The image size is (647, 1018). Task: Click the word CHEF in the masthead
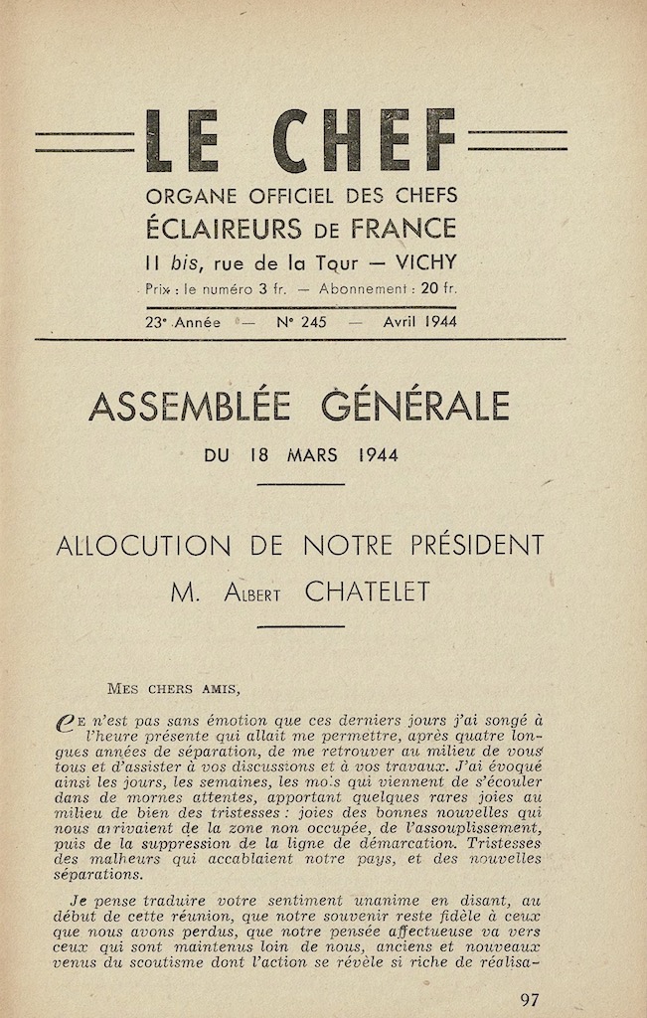(365, 141)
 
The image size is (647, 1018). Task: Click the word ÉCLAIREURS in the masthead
(223, 228)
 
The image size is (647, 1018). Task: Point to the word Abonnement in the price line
(359, 289)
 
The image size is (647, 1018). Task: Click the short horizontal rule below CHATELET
(301, 626)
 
